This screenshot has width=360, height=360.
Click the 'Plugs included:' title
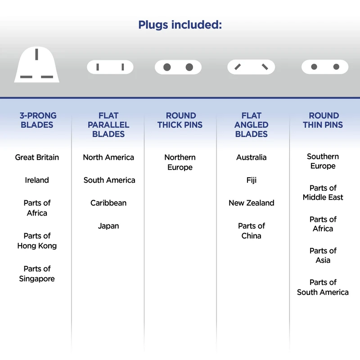point(180,25)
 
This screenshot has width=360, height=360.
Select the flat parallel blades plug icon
point(110,67)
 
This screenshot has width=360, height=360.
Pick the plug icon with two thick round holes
point(178,67)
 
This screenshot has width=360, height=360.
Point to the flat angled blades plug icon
point(251,67)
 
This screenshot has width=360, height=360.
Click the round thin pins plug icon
point(325,67)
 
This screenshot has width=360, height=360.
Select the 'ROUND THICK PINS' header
point(180,120)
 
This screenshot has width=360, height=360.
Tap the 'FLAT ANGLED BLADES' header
point(252,125)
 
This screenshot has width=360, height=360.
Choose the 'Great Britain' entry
point(37,157)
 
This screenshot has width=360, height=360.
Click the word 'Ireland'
point(37,180)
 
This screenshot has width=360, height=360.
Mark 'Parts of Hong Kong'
point(37,241)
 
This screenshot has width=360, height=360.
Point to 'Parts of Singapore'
point(37,274)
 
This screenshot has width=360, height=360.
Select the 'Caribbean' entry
point(108,203)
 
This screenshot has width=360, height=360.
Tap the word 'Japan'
point(108,226)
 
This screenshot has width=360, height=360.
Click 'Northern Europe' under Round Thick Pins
point(180,162)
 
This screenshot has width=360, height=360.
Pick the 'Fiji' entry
point(252,180)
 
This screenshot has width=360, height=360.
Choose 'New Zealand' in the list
point(252,203)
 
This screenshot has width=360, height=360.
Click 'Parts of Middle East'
point(323,193)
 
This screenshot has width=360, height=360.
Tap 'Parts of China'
point(252,231)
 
